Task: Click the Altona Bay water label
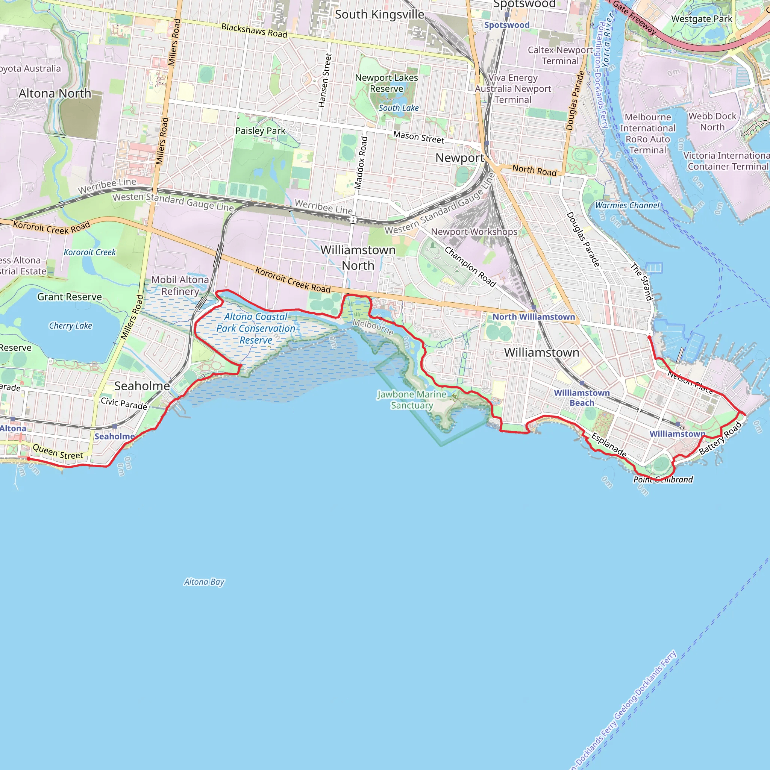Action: [204, 582]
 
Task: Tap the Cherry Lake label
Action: [71, 326]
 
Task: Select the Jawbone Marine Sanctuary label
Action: [412, 400]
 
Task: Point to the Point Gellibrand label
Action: [663, 479]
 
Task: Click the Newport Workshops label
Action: [474, 232]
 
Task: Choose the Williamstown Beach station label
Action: [582, 398]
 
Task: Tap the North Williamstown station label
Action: [534, 317]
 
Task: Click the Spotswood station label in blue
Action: [506, 25]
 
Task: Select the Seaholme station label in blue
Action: [114, 437]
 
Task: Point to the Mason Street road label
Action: [418, 138]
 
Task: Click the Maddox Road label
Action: [361, 162]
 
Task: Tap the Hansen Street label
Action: [325, 80]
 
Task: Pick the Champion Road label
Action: [470, 267]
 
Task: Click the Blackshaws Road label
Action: [254, 31]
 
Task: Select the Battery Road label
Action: [721, 438]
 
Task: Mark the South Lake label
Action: [399, 108]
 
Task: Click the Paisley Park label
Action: [260, 131]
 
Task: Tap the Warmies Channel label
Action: [628, 205]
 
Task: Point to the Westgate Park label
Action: [702, 19]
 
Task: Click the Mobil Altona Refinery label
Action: [180, 285]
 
